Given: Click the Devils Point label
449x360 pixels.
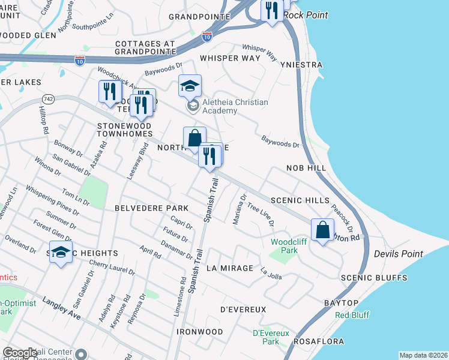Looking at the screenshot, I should click(x=394, y=254).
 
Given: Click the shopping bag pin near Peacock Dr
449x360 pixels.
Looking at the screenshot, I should click(x=322, y=230).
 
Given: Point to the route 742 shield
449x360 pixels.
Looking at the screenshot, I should click(x=49, y=98).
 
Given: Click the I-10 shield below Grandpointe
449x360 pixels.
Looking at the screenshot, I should click(x=206, y=37).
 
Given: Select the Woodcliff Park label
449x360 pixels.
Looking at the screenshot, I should click(x=285, y=245).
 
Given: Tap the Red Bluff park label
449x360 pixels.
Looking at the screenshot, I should click(x=351, y=315).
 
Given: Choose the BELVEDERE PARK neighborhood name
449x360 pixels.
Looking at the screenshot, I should click(x=151, y=208).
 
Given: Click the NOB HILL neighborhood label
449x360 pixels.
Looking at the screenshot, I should click(x=306, y=169).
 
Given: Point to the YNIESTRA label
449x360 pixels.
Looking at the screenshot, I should click(x=305, y=65).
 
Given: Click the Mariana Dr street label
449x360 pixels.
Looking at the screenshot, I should click(x=240, y=208).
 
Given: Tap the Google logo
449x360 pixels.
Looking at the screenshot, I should click(x=20, y=353).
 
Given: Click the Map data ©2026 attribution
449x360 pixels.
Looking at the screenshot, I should click(x=423, y=355).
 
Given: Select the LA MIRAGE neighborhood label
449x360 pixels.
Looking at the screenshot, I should click(x=229, y=268).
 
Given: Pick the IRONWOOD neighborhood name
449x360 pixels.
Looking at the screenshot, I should click(x=200, y=332).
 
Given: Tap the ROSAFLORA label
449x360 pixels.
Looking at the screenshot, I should click(x=319, y=341).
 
